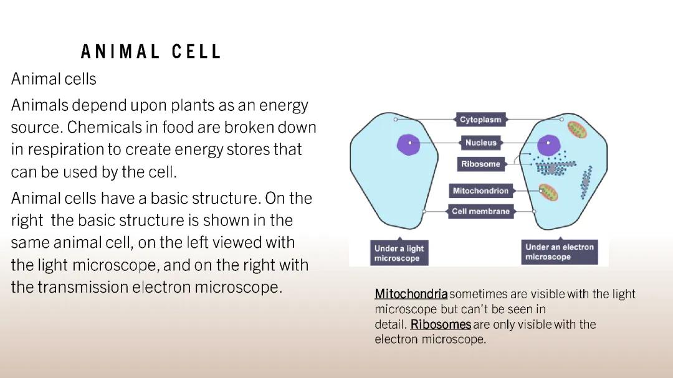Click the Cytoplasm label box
(x=480, y=120)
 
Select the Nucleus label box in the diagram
(x=480, y=143)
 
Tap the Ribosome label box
(x=480, y=164)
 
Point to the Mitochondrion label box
(x=480, y=191)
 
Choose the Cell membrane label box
(x=480, y=212)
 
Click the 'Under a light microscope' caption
(x=399, y=253)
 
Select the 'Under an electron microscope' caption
(x=559, y=252)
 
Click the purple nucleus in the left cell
(x=409, y=143)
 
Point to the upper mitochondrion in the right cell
(x=577, y=130)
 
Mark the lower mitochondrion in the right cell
(x=548, y=192)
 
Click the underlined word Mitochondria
(x=411, y=294)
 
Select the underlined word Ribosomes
(x=441, y=324)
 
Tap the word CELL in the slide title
(x=196, y=52)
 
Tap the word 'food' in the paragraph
(x=178, y=128)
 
